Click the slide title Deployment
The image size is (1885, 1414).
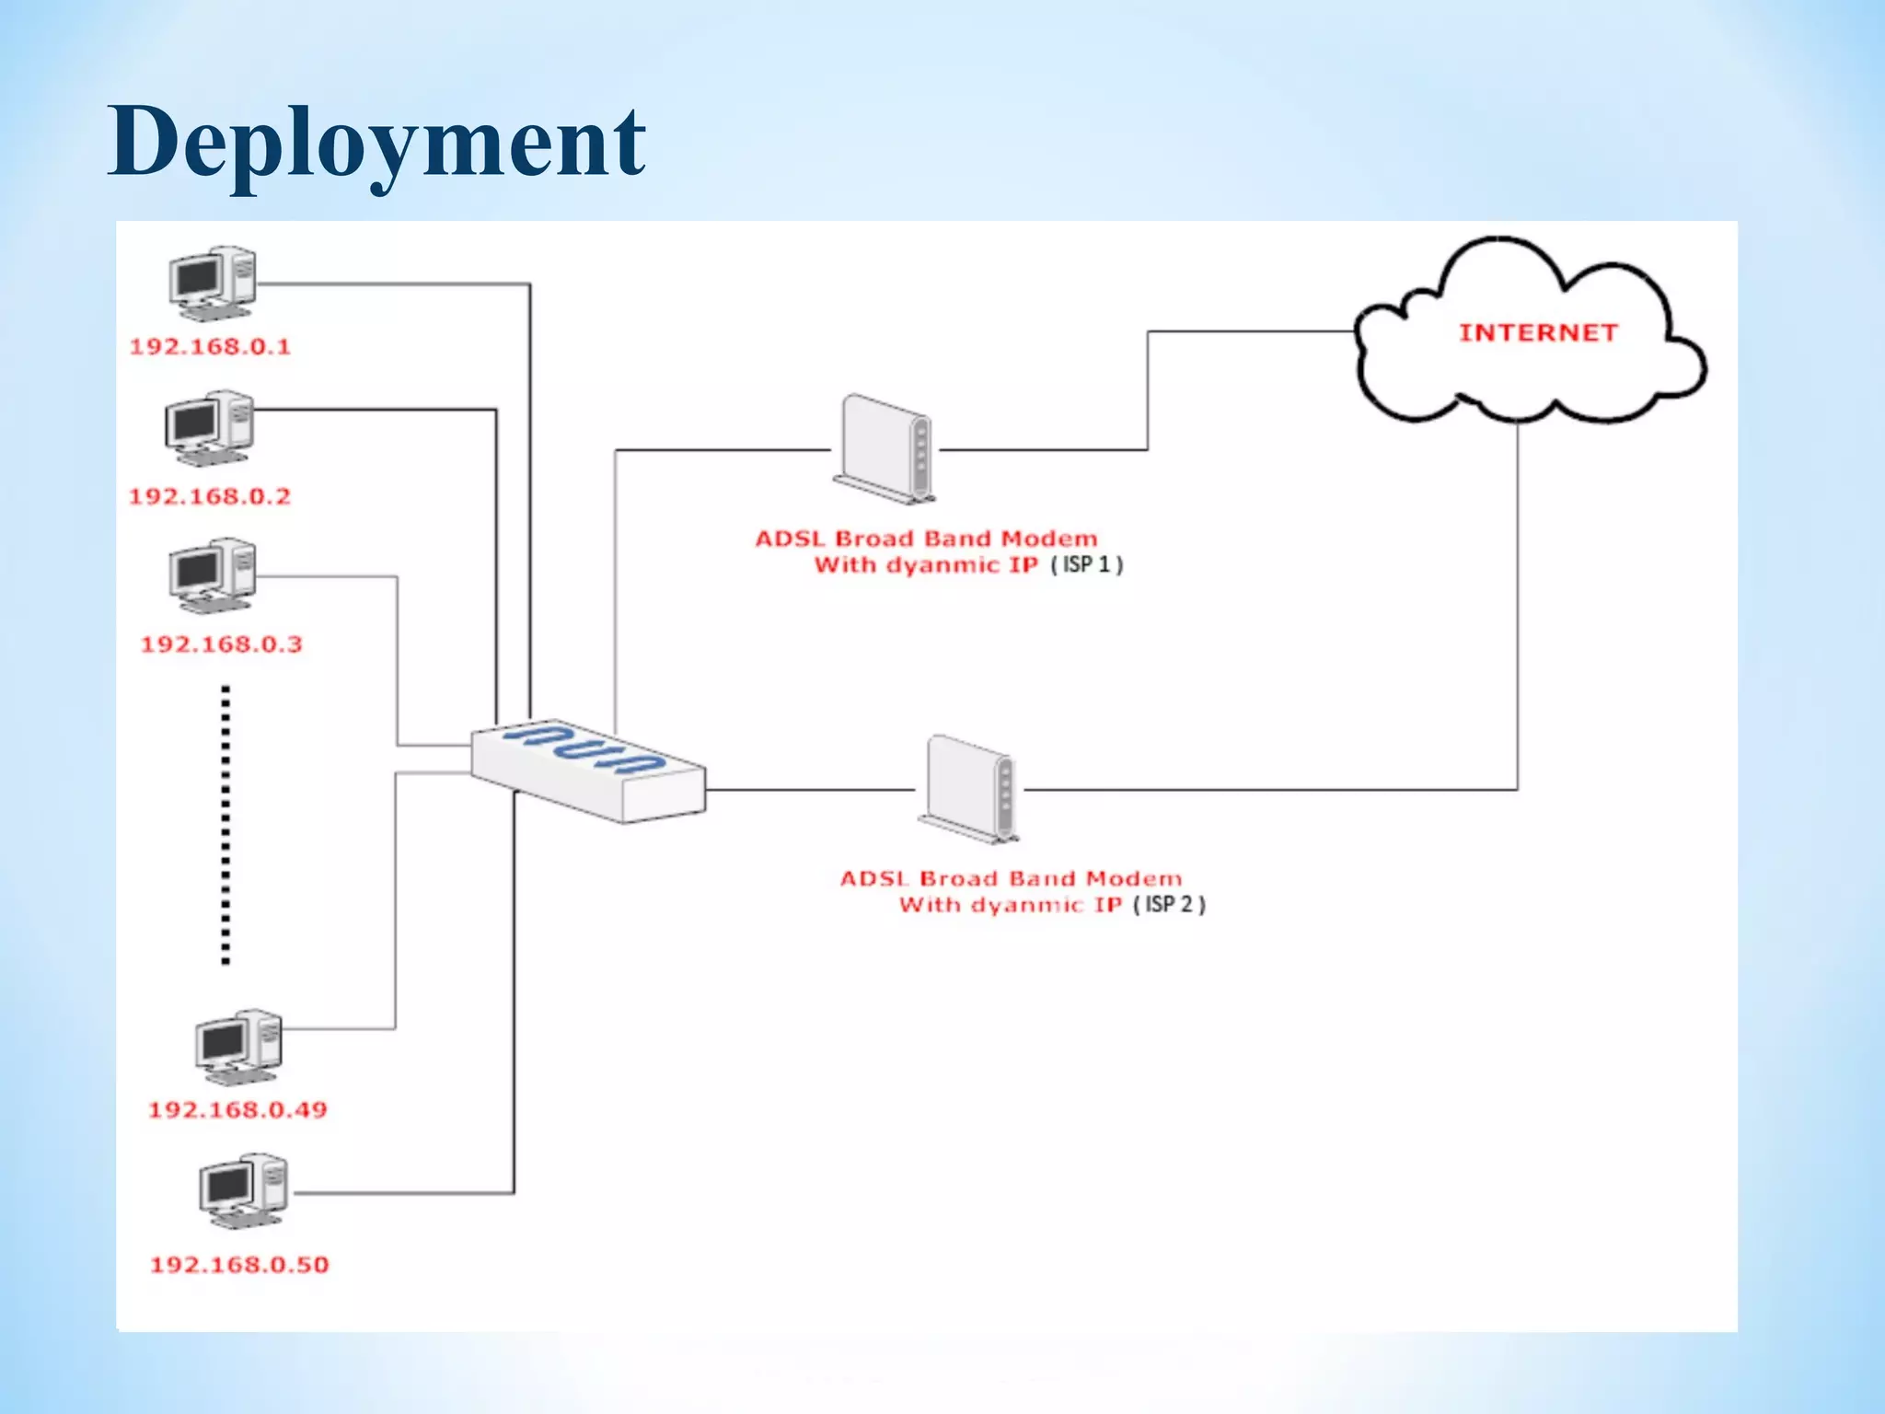coord(376,144)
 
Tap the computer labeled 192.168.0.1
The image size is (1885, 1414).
coord(212,284)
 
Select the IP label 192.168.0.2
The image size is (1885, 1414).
coord(210,497)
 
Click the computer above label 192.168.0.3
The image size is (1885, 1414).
coord(212,576)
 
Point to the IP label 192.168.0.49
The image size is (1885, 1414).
coord(237,1110)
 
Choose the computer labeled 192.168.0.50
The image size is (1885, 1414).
coord(243,1190)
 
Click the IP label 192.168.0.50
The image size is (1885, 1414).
coord(239,1265)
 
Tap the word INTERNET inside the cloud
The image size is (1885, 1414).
coord(1538,333)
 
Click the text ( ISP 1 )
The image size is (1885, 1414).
coord(1087,564)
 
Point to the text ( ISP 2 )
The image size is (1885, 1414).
coord(1169,904)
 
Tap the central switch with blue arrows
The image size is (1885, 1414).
coord(587,771)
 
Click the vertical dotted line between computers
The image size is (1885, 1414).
coord(226,824)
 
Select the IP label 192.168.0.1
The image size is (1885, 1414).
coord(210,347)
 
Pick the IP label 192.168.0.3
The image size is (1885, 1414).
coord(221,644)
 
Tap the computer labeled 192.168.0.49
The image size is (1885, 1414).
coord(238,1048)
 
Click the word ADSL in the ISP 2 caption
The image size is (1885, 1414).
coord(874,878)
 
